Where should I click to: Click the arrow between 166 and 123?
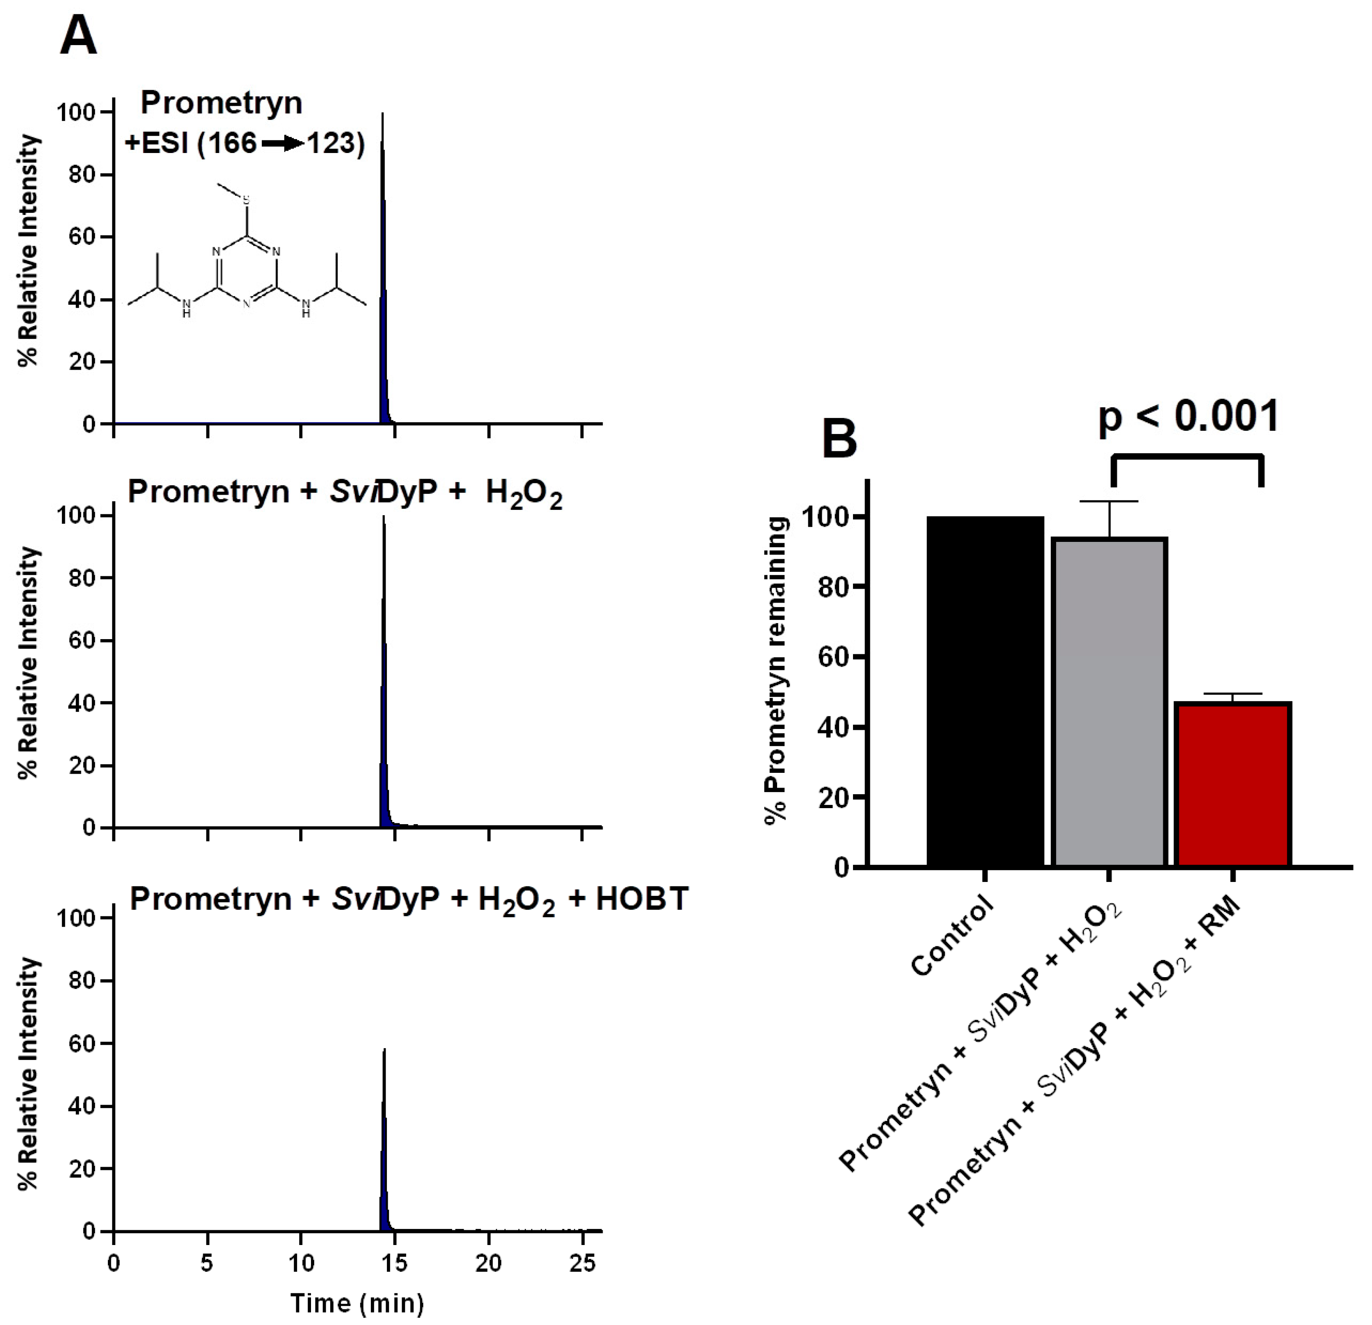pyautogui.click(x=284, y=144)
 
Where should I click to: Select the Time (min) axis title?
pyautogui.click(x=357, y=1302)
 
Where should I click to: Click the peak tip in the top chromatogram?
pyautogui.click(x=382, y=113)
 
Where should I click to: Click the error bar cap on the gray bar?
pyautogui.click(x=1110, y=501)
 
